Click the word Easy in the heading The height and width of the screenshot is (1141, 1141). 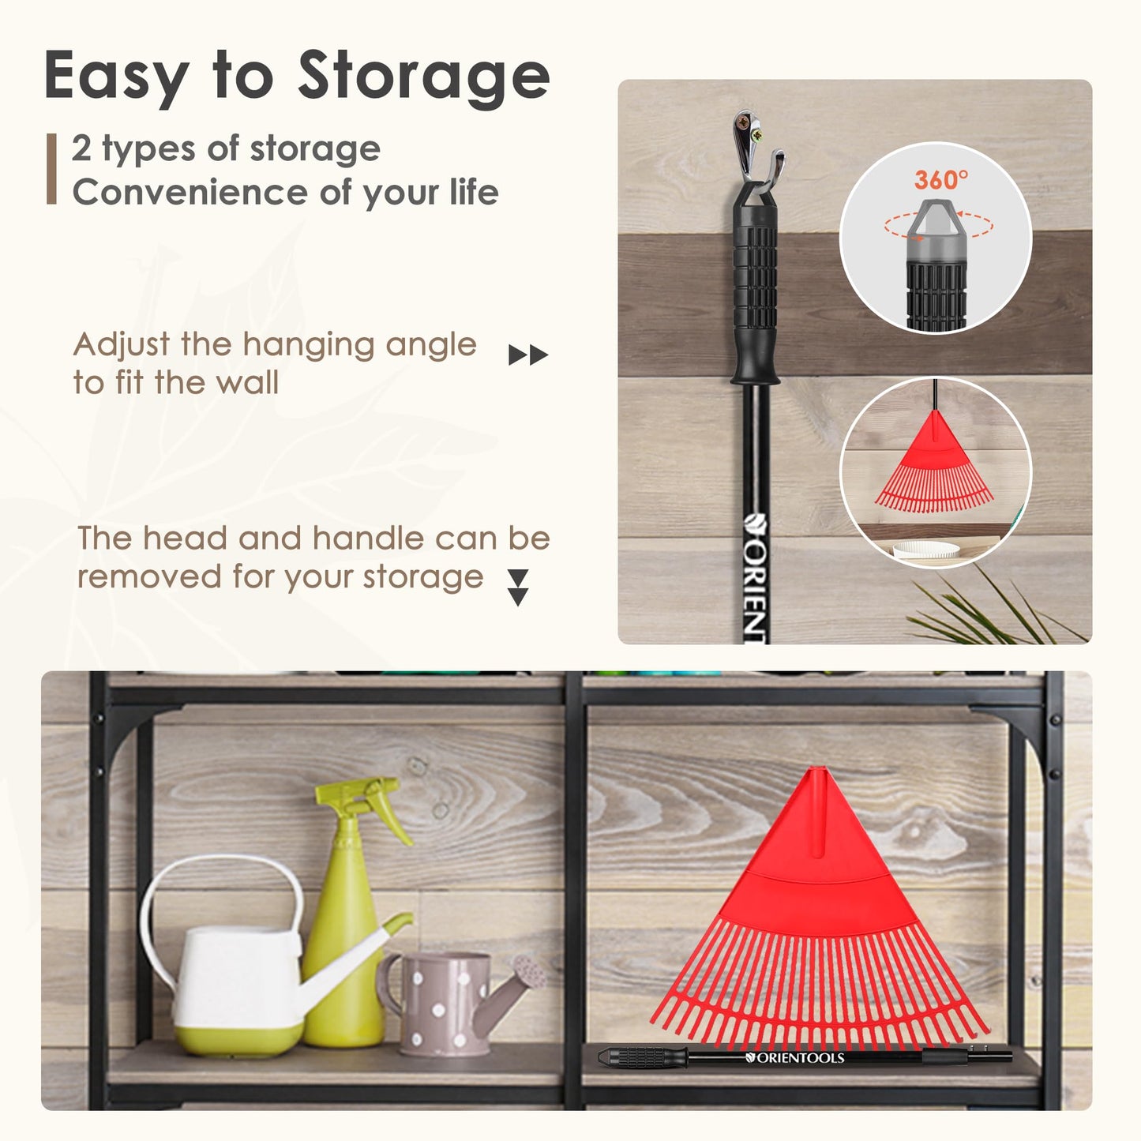117,77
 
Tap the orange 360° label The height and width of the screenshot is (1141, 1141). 941,179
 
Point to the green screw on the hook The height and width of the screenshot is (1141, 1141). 756,136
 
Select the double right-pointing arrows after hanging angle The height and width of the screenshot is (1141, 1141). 528,355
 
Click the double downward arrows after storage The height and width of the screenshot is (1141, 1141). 519,587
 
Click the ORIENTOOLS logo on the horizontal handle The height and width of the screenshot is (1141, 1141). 794,1057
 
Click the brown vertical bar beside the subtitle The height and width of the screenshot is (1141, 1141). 52,169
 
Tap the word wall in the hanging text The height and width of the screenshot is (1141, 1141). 247,382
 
